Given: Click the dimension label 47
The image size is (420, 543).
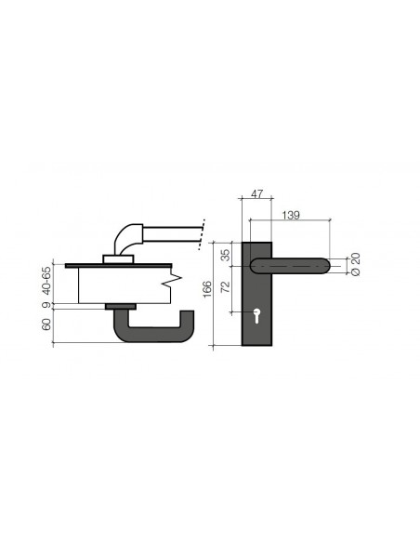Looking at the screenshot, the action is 256,194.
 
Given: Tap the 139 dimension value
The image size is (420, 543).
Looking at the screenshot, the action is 291,215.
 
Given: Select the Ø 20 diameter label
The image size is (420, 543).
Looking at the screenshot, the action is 355,264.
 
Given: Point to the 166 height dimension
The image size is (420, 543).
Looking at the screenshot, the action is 206,289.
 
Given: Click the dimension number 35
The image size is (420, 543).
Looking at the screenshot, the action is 225,255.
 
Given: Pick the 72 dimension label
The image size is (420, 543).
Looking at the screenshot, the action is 225,286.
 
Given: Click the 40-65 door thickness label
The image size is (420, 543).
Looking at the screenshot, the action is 46,281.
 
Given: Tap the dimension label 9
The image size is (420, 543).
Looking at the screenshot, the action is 46,305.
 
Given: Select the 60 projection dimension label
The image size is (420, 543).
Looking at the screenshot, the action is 46,324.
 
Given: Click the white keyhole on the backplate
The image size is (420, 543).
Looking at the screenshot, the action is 256,316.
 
